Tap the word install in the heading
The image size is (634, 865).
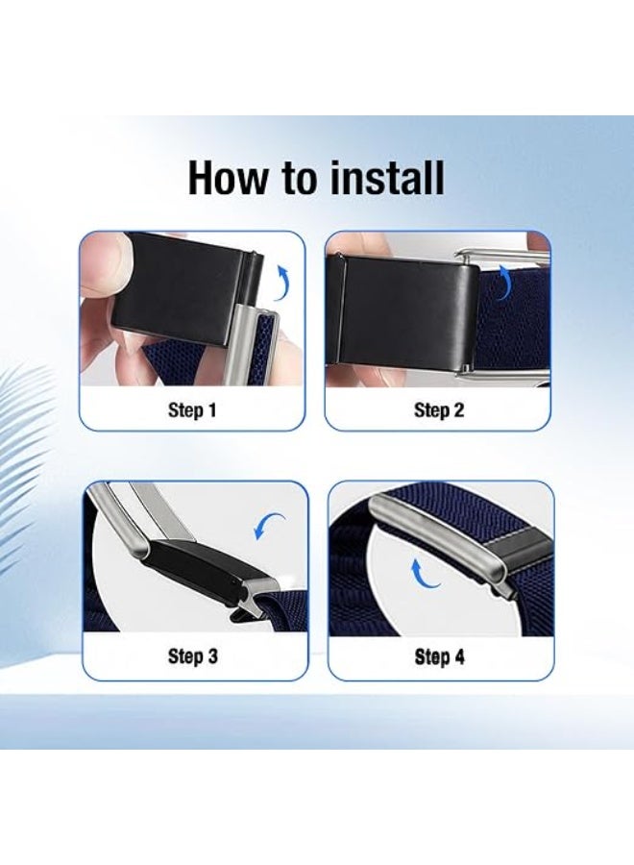387,178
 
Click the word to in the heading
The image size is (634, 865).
300,179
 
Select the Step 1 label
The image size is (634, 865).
192,409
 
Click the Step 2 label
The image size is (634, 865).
439,409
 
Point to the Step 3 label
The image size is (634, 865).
192,655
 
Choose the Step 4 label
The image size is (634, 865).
439,656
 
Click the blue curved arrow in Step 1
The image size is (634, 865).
283,282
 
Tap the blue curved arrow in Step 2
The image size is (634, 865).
505,282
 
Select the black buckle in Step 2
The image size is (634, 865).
403,311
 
